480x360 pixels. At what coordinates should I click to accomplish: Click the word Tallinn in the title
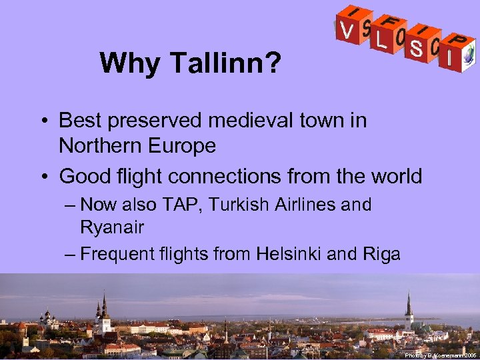click(x=226, y=64)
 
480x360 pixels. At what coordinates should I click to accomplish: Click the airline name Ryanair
click(x=111, y=227)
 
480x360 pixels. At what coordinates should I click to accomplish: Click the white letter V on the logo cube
click(x=345, y=30)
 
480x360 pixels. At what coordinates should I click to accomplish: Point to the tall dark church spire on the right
click(x=408, y=307)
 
